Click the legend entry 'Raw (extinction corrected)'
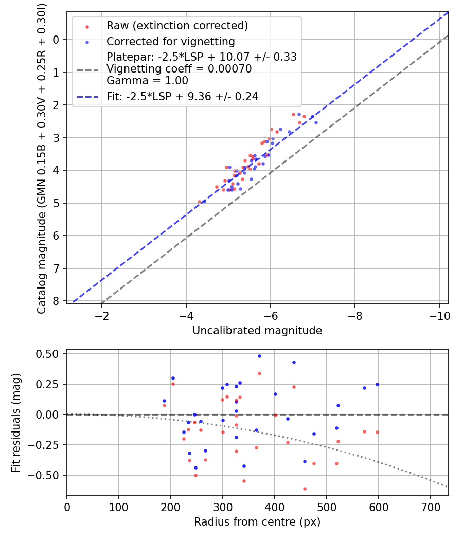click(177, 26)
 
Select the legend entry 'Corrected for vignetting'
click(170, 42)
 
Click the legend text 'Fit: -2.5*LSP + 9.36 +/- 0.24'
click(182, 96)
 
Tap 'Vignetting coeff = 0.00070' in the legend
click(179, 69)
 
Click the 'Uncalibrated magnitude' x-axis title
click(257, 331)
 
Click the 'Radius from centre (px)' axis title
click(257, 522)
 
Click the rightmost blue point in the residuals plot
click(377, 384)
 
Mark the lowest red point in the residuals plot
click(305, 489)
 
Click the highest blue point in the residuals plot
click(259, 356)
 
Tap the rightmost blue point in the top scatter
click(316, 122)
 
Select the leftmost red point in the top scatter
click(200, 202)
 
